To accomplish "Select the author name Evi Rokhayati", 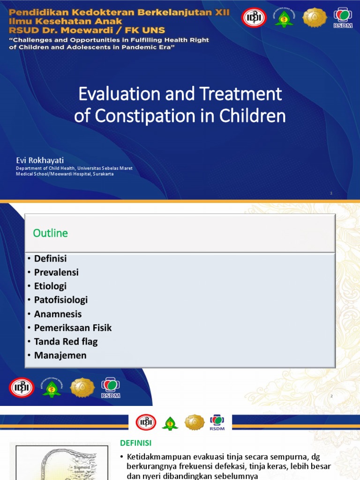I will point(39,161).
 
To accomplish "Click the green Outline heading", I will point(51,233).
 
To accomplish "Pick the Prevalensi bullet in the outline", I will point(56,272).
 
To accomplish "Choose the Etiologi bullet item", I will point(50,286).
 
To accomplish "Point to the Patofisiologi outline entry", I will point(61,300).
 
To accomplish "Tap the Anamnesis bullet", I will point(58,314).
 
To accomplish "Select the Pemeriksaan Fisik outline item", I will point(73,328).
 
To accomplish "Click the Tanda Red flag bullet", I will point(66,342).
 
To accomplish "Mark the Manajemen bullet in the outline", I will point(60,355).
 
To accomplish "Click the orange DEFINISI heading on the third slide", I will point(136,443).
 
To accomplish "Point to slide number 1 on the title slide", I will point(331,193).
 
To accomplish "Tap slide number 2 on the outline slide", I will point(331,397).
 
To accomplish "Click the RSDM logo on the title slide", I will point(345,17).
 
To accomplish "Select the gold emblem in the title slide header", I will point(314,17).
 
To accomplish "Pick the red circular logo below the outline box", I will point(22,388).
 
